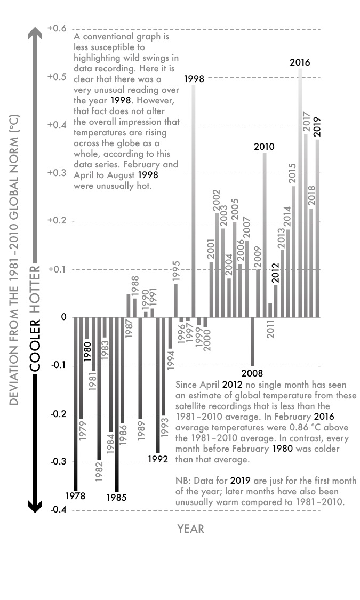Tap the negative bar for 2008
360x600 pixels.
point(252,341)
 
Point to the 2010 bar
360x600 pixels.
point(265,235)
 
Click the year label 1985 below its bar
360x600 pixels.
point(117,498)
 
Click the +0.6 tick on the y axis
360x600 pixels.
point(57,28)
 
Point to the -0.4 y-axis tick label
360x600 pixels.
point(57,510)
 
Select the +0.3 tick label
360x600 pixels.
point(57,173)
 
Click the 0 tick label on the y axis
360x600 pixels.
point(63,317)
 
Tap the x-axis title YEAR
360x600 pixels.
point(190,529)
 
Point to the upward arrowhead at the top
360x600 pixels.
point(35,35)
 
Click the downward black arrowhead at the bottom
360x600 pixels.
point(35,506)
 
